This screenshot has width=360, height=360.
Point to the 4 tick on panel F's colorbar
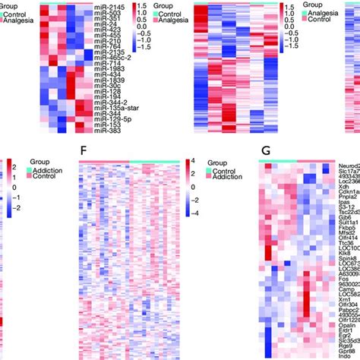(191, 161)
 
